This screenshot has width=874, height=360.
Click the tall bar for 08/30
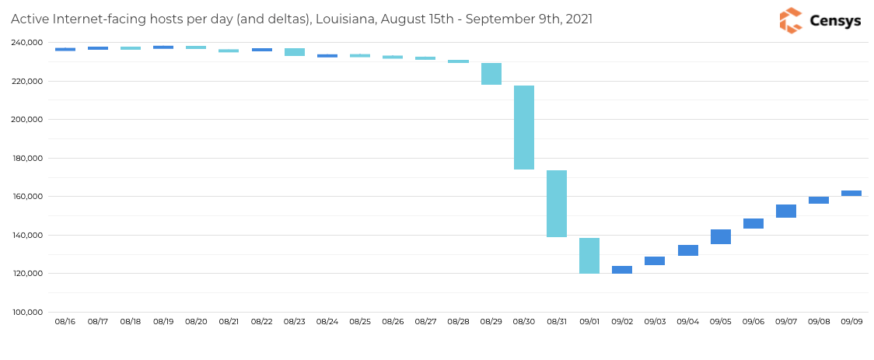coord(524,128)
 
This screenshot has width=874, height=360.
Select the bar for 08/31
coord(557,204)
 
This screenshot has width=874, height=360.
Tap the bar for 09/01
coord(589,256)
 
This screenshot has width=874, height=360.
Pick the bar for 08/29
coord(491,74)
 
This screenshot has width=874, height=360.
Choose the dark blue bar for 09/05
coord(721,237)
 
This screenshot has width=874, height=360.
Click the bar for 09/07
coord(786,211)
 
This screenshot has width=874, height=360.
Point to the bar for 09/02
coord(622,270)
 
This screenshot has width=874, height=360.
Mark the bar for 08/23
coord(295,52)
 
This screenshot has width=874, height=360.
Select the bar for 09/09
coord(851,194)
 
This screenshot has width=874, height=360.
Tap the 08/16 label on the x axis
coord(65,321)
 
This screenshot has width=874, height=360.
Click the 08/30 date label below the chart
coord(524,321)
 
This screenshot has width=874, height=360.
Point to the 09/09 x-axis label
coord(851,321)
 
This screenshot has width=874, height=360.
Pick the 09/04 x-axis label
coord(687,321)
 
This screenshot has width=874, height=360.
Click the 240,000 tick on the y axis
coord(26,43)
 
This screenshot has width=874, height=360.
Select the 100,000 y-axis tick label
coord(26,313)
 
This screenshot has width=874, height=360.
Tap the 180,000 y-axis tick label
coord(26,159)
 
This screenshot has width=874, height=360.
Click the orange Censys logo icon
coord(791,21)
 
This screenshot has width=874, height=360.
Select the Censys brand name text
coord(835,21)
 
